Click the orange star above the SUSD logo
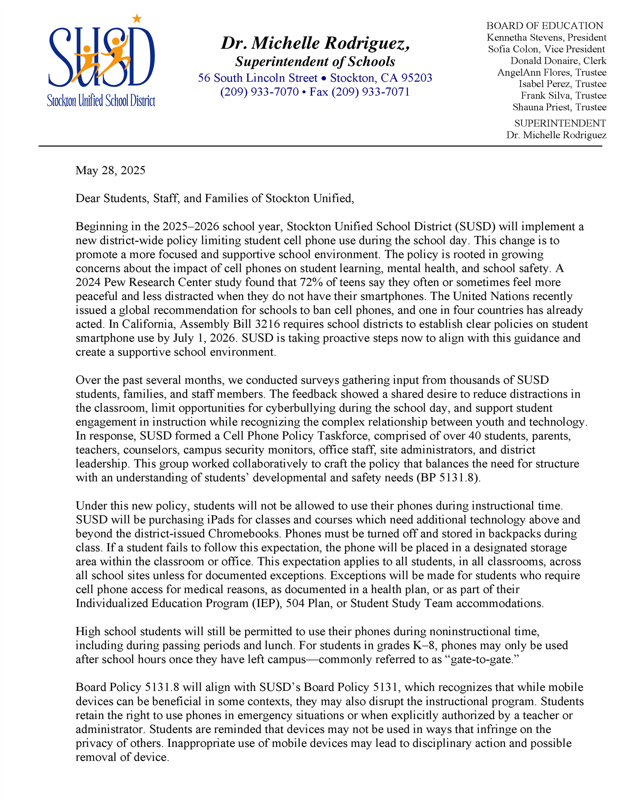tap(137, 18)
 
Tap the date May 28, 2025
tap(110, 170)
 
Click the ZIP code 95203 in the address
tap(416, 78)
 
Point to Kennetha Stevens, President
tap(547, 38)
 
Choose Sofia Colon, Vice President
tap(547, 49)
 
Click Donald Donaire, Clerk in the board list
tap(558, 61)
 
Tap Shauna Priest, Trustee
tap(559, 107)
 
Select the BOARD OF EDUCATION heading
tap(544, 26)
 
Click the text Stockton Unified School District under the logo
tap(101, 101)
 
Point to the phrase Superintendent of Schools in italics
tap(315, 62)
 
